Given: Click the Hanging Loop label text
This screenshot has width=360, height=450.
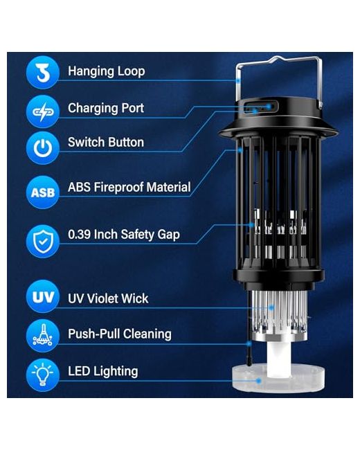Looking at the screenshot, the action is coord(106,71).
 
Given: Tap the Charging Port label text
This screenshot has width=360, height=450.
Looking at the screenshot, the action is coord(106,108).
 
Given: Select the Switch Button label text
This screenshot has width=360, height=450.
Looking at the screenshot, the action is coord(106,143).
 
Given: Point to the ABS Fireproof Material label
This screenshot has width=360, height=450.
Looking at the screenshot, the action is coord(129,187).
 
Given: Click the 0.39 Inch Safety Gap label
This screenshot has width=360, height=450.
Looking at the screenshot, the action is coord(124,235).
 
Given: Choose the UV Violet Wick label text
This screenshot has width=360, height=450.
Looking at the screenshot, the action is coord(108,298).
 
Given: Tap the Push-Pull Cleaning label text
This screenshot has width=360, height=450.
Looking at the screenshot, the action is coord(120,334).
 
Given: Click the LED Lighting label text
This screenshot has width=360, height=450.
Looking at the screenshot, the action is coord(102,371).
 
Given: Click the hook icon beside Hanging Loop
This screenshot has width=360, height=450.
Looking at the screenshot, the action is coord(42,72).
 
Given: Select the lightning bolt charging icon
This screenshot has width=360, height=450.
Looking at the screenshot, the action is coord(42,111).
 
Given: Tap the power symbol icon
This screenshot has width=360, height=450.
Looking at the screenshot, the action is coord(42,147).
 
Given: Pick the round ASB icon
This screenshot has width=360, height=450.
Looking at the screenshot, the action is coord(42,192).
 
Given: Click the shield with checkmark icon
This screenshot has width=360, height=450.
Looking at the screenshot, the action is coord(42,241).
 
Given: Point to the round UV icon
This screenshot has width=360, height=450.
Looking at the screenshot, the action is coord(42,296).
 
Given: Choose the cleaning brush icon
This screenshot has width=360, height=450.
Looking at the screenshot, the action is coord(42,336).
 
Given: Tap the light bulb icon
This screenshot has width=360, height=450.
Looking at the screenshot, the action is coord(42,375).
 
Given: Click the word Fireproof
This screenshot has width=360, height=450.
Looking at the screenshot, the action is coord(119,187).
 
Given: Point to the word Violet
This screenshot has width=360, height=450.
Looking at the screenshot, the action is coord(99,298).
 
